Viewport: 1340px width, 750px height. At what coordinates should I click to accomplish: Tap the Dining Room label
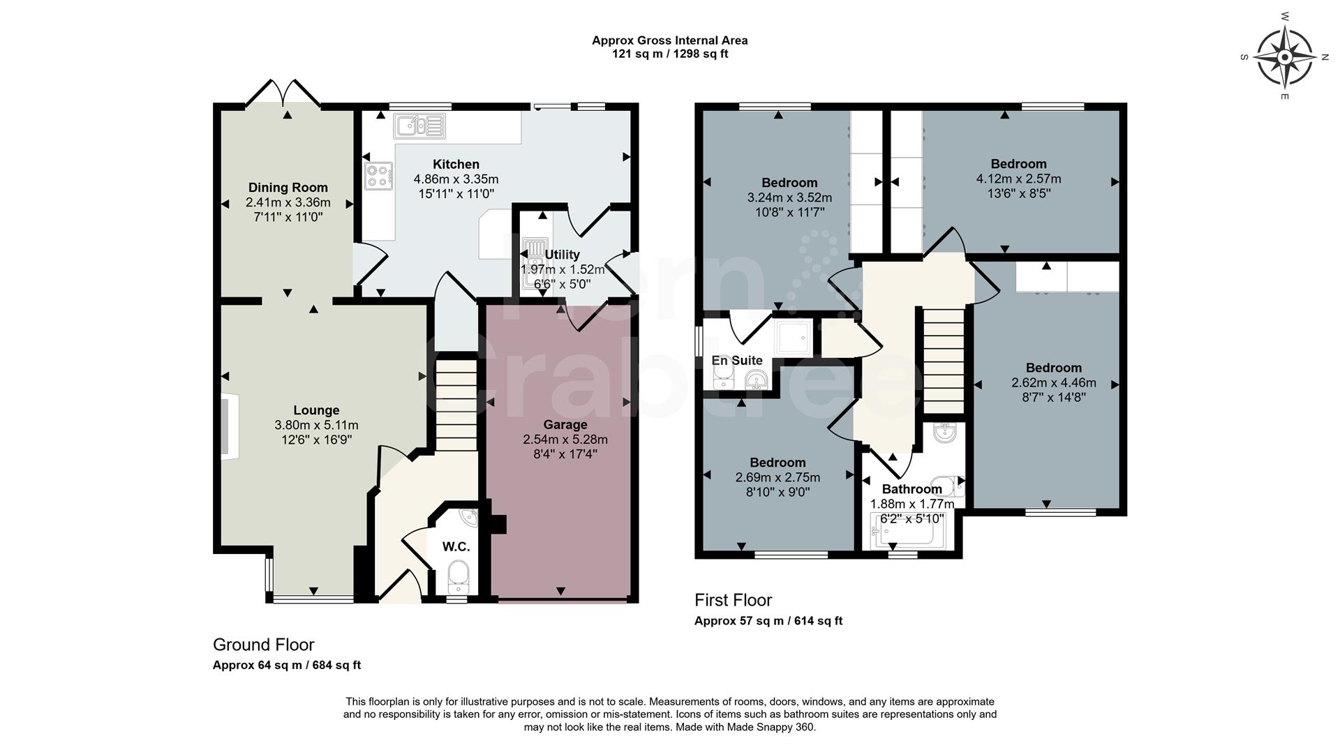[288, 187]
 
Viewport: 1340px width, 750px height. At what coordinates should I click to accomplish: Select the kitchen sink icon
[419, 126]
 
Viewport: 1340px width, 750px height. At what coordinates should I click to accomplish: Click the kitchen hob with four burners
[378, 175]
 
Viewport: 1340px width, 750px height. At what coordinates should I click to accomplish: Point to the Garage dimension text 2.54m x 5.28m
[565, 440]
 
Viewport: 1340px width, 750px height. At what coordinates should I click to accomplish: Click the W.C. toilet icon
[458, 576]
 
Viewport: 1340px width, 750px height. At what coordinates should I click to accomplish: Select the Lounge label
[316, 410]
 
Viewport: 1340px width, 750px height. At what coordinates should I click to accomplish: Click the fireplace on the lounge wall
[230, 426]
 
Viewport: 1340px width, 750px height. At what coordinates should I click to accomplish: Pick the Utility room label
[562, 254]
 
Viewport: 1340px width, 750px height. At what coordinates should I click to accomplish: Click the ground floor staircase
[456, 405]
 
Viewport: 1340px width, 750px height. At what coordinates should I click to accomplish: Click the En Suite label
[736, 360]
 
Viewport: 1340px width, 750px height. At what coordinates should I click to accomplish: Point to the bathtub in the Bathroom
[902, 532]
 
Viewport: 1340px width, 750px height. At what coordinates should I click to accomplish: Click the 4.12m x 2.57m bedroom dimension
[1018, 179]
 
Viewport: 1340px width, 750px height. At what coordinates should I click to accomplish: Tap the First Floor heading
[733, 600]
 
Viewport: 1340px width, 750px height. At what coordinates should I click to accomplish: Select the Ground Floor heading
[263, 645]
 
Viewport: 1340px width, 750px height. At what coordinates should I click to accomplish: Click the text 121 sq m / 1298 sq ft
[669, 54]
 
